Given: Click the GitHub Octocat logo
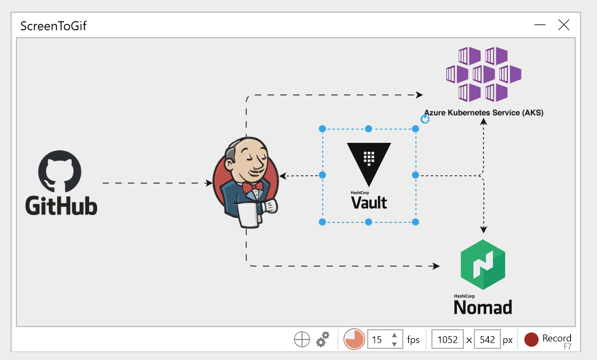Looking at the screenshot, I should [x=60, y=170].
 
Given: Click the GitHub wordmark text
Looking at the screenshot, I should [x=62, y=205].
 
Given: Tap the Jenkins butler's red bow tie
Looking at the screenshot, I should [x=252, y=187].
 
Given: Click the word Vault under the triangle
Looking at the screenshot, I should [x=369, y=202].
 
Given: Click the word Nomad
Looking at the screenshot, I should [x=483, y=307].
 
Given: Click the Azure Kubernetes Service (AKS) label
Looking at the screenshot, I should [x=483, y=113].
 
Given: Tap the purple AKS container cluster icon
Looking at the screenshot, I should [x=483, y=74].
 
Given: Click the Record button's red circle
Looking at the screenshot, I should [x=531, y=339].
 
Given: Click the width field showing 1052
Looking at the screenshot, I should [x=447, y=339].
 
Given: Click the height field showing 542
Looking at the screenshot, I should [x=487, y=339].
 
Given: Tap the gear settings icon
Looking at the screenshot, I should [x=323, y=339].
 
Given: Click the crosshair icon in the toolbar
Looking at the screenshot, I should [x=302, y=339].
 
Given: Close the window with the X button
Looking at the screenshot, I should [x=564, y=25].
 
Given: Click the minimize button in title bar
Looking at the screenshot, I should [x=540, y=25].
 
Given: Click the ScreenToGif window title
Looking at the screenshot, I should [x=53, y=26].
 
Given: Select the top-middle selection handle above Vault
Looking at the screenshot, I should [x=368, y=128].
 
